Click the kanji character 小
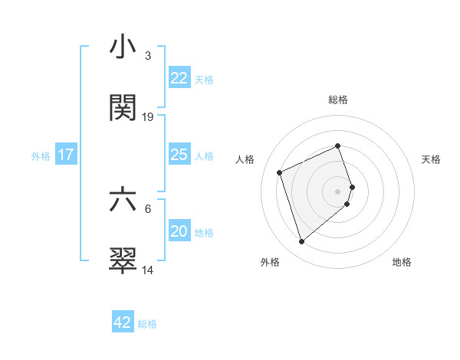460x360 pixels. point(123,47)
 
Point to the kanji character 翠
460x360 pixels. point(123,260)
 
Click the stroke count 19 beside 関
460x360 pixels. point(148,117)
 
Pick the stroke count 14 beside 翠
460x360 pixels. point(148,270)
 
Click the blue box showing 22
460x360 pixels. point(179,78)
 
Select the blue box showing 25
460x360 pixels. point(179,155)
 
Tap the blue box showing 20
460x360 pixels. point(179,231)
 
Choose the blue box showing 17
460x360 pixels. point(65,155)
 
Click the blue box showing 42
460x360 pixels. point(122,322)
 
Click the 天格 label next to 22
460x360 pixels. point(204,80)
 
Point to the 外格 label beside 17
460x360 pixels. point(41,156)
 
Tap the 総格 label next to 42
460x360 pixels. point(147,324)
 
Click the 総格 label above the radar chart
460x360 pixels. point(337,100)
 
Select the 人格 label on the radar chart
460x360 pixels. point(245,159)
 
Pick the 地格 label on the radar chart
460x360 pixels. point(402,262)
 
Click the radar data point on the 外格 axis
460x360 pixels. point(301,242)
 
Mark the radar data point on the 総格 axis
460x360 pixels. point(337,146)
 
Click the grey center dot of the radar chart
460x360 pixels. point(337,191)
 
